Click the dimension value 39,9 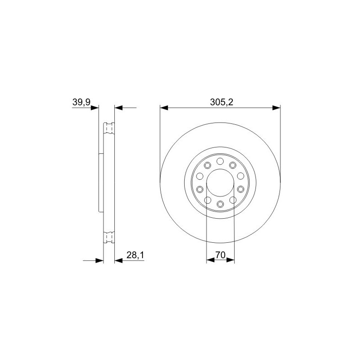coord(81,102)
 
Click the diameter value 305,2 coord(221,102)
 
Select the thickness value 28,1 coord(135,255)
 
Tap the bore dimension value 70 coord(221,255)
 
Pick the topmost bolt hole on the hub coord(220,161)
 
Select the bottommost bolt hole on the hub coord(220,204)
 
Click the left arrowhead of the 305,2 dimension coord(164,108)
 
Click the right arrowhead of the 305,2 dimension coord(276,108)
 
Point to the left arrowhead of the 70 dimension coord(211,260)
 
